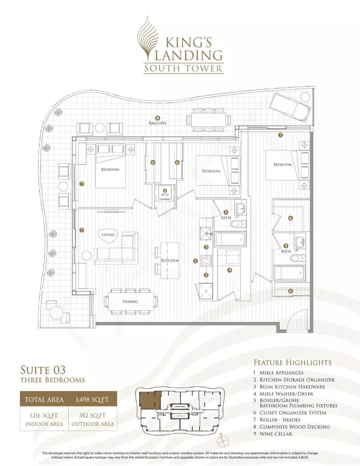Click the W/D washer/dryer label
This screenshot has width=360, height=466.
coord(165,195)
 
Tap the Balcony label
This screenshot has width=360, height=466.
coord(158,123)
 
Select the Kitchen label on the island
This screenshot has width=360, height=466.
coord(170,261)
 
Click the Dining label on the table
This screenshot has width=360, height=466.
coord(130,302)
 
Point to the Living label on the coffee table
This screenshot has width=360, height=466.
coord(108,235)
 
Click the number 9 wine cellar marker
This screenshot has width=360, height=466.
coord(229,270)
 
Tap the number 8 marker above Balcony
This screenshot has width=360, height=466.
coord(158,118)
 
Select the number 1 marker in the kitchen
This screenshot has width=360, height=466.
coord(195,261)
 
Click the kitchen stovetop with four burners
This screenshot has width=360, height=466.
coord(206,261)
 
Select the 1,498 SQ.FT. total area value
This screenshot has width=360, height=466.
coord(92,400)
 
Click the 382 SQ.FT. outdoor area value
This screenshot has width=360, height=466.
coord(93,416)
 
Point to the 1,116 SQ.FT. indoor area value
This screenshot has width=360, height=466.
coord(44,416)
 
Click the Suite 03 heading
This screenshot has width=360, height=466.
coord(43,370)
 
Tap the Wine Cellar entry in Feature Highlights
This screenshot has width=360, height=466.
coord(276,434)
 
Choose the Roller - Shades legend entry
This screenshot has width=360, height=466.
coord(280,420)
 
